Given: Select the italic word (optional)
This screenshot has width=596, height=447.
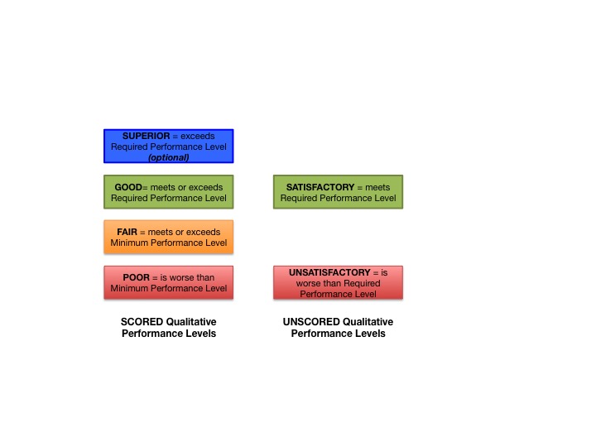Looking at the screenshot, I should click(169, 157).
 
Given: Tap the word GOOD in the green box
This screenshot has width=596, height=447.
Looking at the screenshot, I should click(129, 186).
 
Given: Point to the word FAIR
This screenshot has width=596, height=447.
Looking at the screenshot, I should click(127, 232).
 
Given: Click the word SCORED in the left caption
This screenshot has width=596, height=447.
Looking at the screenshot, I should click(139, 322).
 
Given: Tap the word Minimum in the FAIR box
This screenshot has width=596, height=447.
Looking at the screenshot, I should click(135, 243).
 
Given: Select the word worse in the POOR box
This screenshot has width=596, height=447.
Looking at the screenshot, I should click(188, 277).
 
